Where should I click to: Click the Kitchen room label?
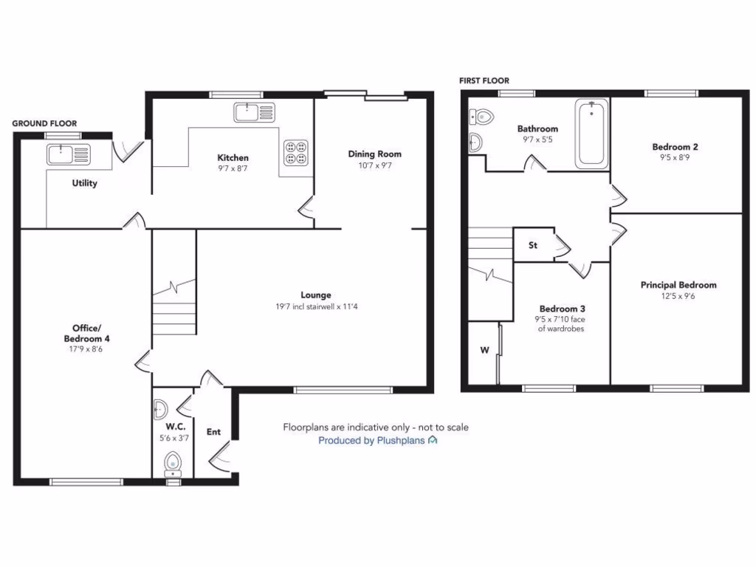[x=233, y=157]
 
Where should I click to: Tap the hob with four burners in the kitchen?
[x=298, y=151]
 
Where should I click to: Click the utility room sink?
[x=68, y=154]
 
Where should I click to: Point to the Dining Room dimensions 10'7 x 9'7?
[x=374, y=166]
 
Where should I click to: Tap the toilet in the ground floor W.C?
[x=173, y=463]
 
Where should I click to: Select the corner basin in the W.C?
[x=160, y=409]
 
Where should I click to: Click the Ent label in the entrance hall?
[x=213, y=432]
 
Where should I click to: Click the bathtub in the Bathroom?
[x=591, y=134]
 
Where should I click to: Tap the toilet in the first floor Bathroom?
[x=482, y=116]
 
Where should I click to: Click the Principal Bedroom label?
[x=678, y=285]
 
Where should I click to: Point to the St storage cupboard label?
[x=532, y=246]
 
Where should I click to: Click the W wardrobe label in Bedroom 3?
[x=485, y=350]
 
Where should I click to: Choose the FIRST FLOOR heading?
[x=484, y=80]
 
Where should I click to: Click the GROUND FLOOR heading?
[x=44, y=123]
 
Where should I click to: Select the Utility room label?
[x=84, y=183]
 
